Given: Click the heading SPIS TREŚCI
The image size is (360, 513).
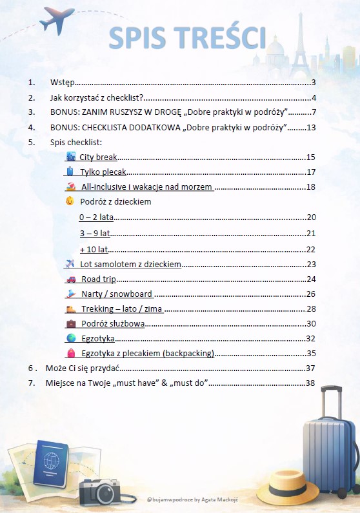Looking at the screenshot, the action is [187, 38].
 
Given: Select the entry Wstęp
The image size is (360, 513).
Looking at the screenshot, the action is [63, 83].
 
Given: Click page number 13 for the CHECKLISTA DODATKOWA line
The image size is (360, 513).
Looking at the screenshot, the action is [311, 127].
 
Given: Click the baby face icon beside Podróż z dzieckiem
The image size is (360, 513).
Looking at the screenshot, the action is [70, 201].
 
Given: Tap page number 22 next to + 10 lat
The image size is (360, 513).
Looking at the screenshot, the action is [311, 250].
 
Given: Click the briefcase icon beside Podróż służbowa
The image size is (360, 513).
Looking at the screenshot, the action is [71, 323].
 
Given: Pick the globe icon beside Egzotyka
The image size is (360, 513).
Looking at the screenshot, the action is [71, 338].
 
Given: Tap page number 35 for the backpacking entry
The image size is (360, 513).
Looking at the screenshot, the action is [311, 353].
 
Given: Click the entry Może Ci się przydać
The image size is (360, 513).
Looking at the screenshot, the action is [83, 368].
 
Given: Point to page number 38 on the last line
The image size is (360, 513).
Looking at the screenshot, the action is [310, 383].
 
